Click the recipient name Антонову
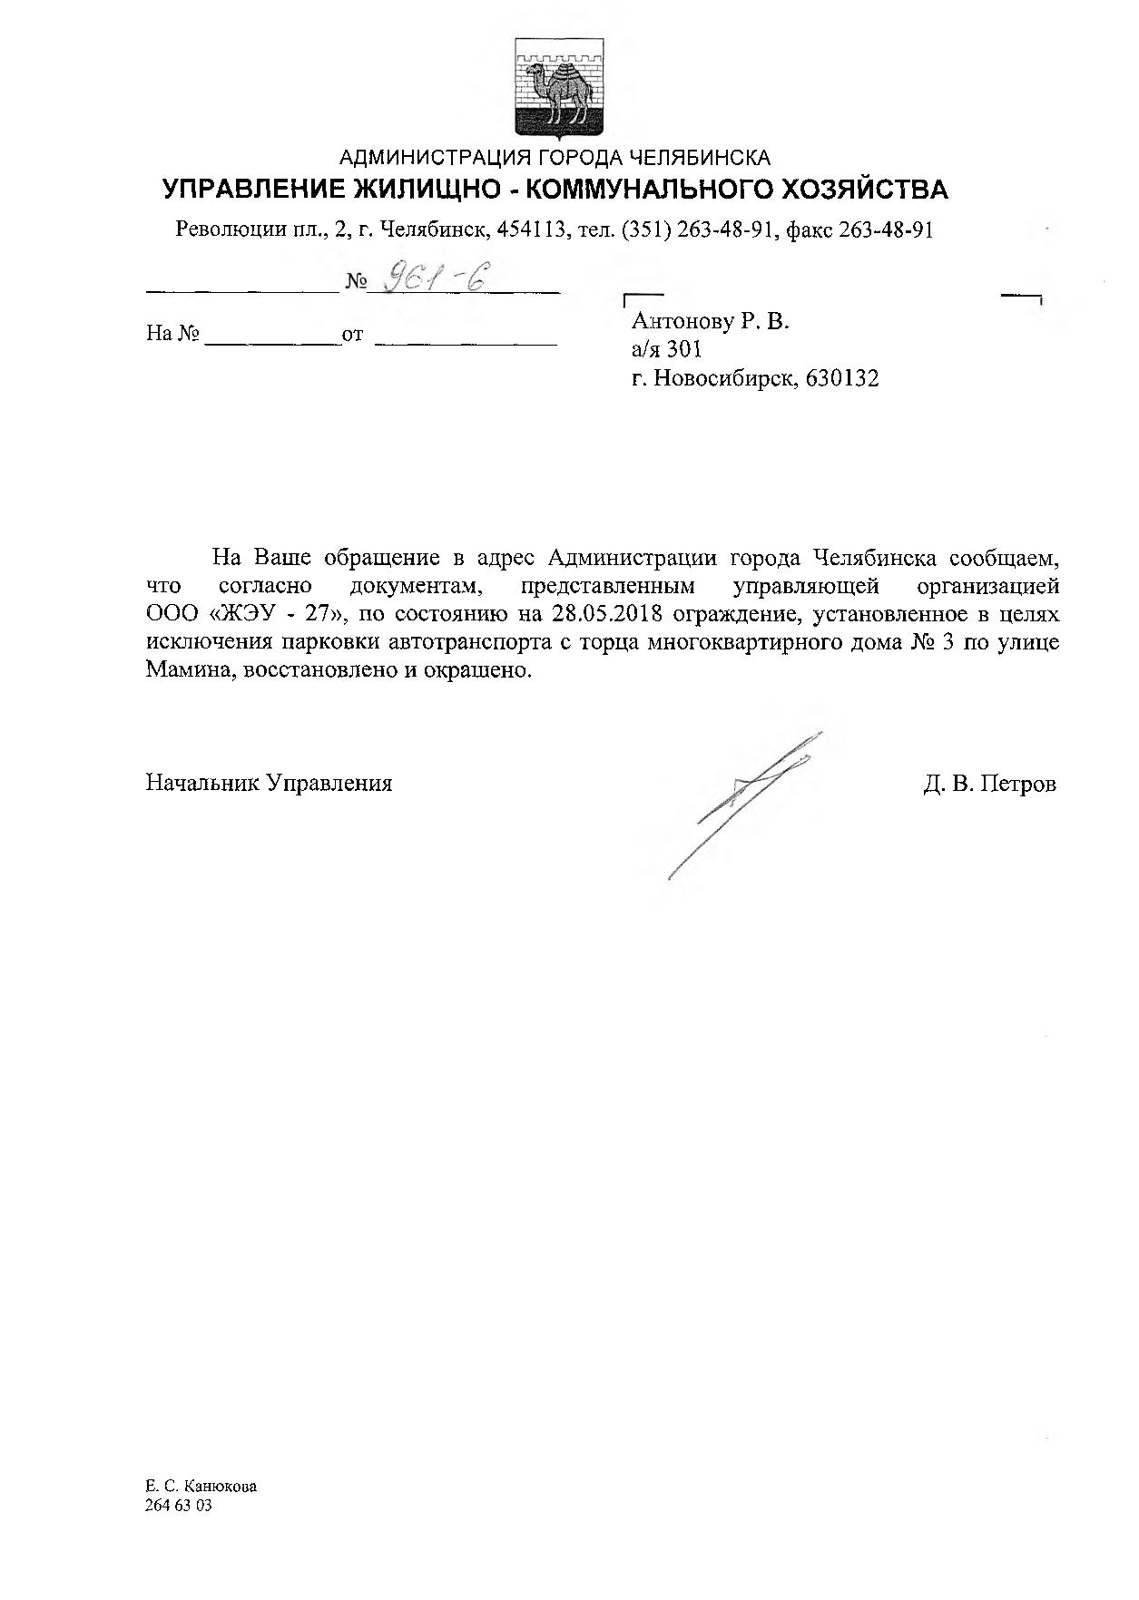pyautogui.click(x=682, y=320)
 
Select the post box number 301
pyautogui.click(x=684, y=349)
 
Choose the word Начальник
pyautogui.click(x=201, y=784)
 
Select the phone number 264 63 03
pyautogui.click(x=178, y=1505)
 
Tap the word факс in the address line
pyautogui.click(x=810, y=229)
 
